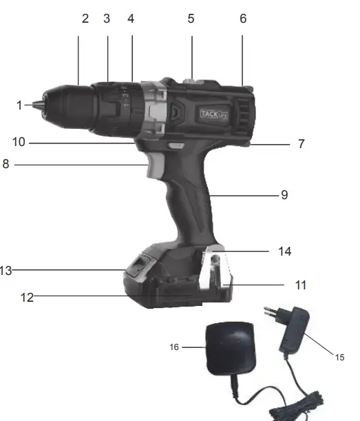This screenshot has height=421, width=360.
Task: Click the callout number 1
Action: pos(19,105)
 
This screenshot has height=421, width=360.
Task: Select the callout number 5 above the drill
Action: pos(191,19)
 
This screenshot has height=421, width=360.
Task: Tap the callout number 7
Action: pos(301,144)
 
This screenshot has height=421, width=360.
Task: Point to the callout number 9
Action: pos(284,195)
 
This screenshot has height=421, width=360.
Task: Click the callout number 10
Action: pos(19,142)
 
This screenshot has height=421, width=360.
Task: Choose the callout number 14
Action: pos(284,251)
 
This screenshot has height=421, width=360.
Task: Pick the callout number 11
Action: pos(300,285)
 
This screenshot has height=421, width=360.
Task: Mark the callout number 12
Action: pos(27,298)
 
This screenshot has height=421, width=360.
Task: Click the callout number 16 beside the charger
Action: pos(174,348)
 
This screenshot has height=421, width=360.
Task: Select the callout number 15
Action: pos(339,357)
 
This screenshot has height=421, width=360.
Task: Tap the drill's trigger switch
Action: pos(156,168)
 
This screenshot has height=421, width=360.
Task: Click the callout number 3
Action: pos(107,19)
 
